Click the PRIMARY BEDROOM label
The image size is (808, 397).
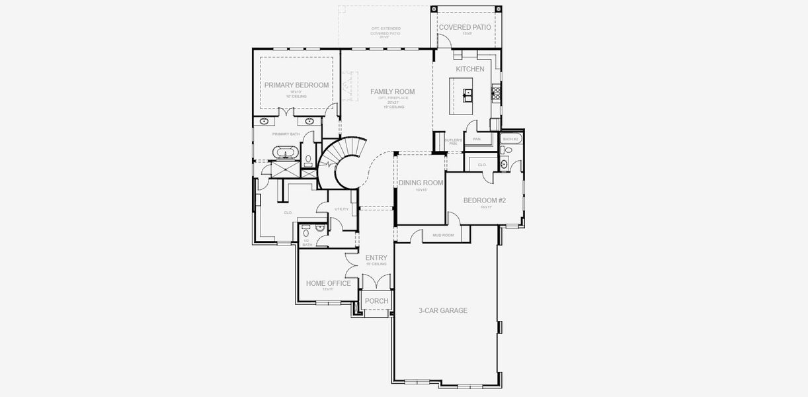(x=296, y=85)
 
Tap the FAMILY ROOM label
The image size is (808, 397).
(x=392, y=92)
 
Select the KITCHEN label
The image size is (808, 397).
(x=469, y=69)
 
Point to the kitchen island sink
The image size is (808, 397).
(x=468, y=94)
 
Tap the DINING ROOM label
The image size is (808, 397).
(x=421, y=183)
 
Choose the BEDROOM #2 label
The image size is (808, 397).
(x=484, y=200)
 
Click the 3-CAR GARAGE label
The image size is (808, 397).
(x=443, y=310)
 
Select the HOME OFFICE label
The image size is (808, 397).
(x=328, y=283)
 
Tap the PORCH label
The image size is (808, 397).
(x=376, y=301)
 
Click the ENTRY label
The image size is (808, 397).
(x=376, y=258)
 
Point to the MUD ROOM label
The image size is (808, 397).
(x=442, y=235)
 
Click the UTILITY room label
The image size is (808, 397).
(x=341, y=209)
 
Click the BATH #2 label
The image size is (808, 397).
(x=510, y=139)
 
